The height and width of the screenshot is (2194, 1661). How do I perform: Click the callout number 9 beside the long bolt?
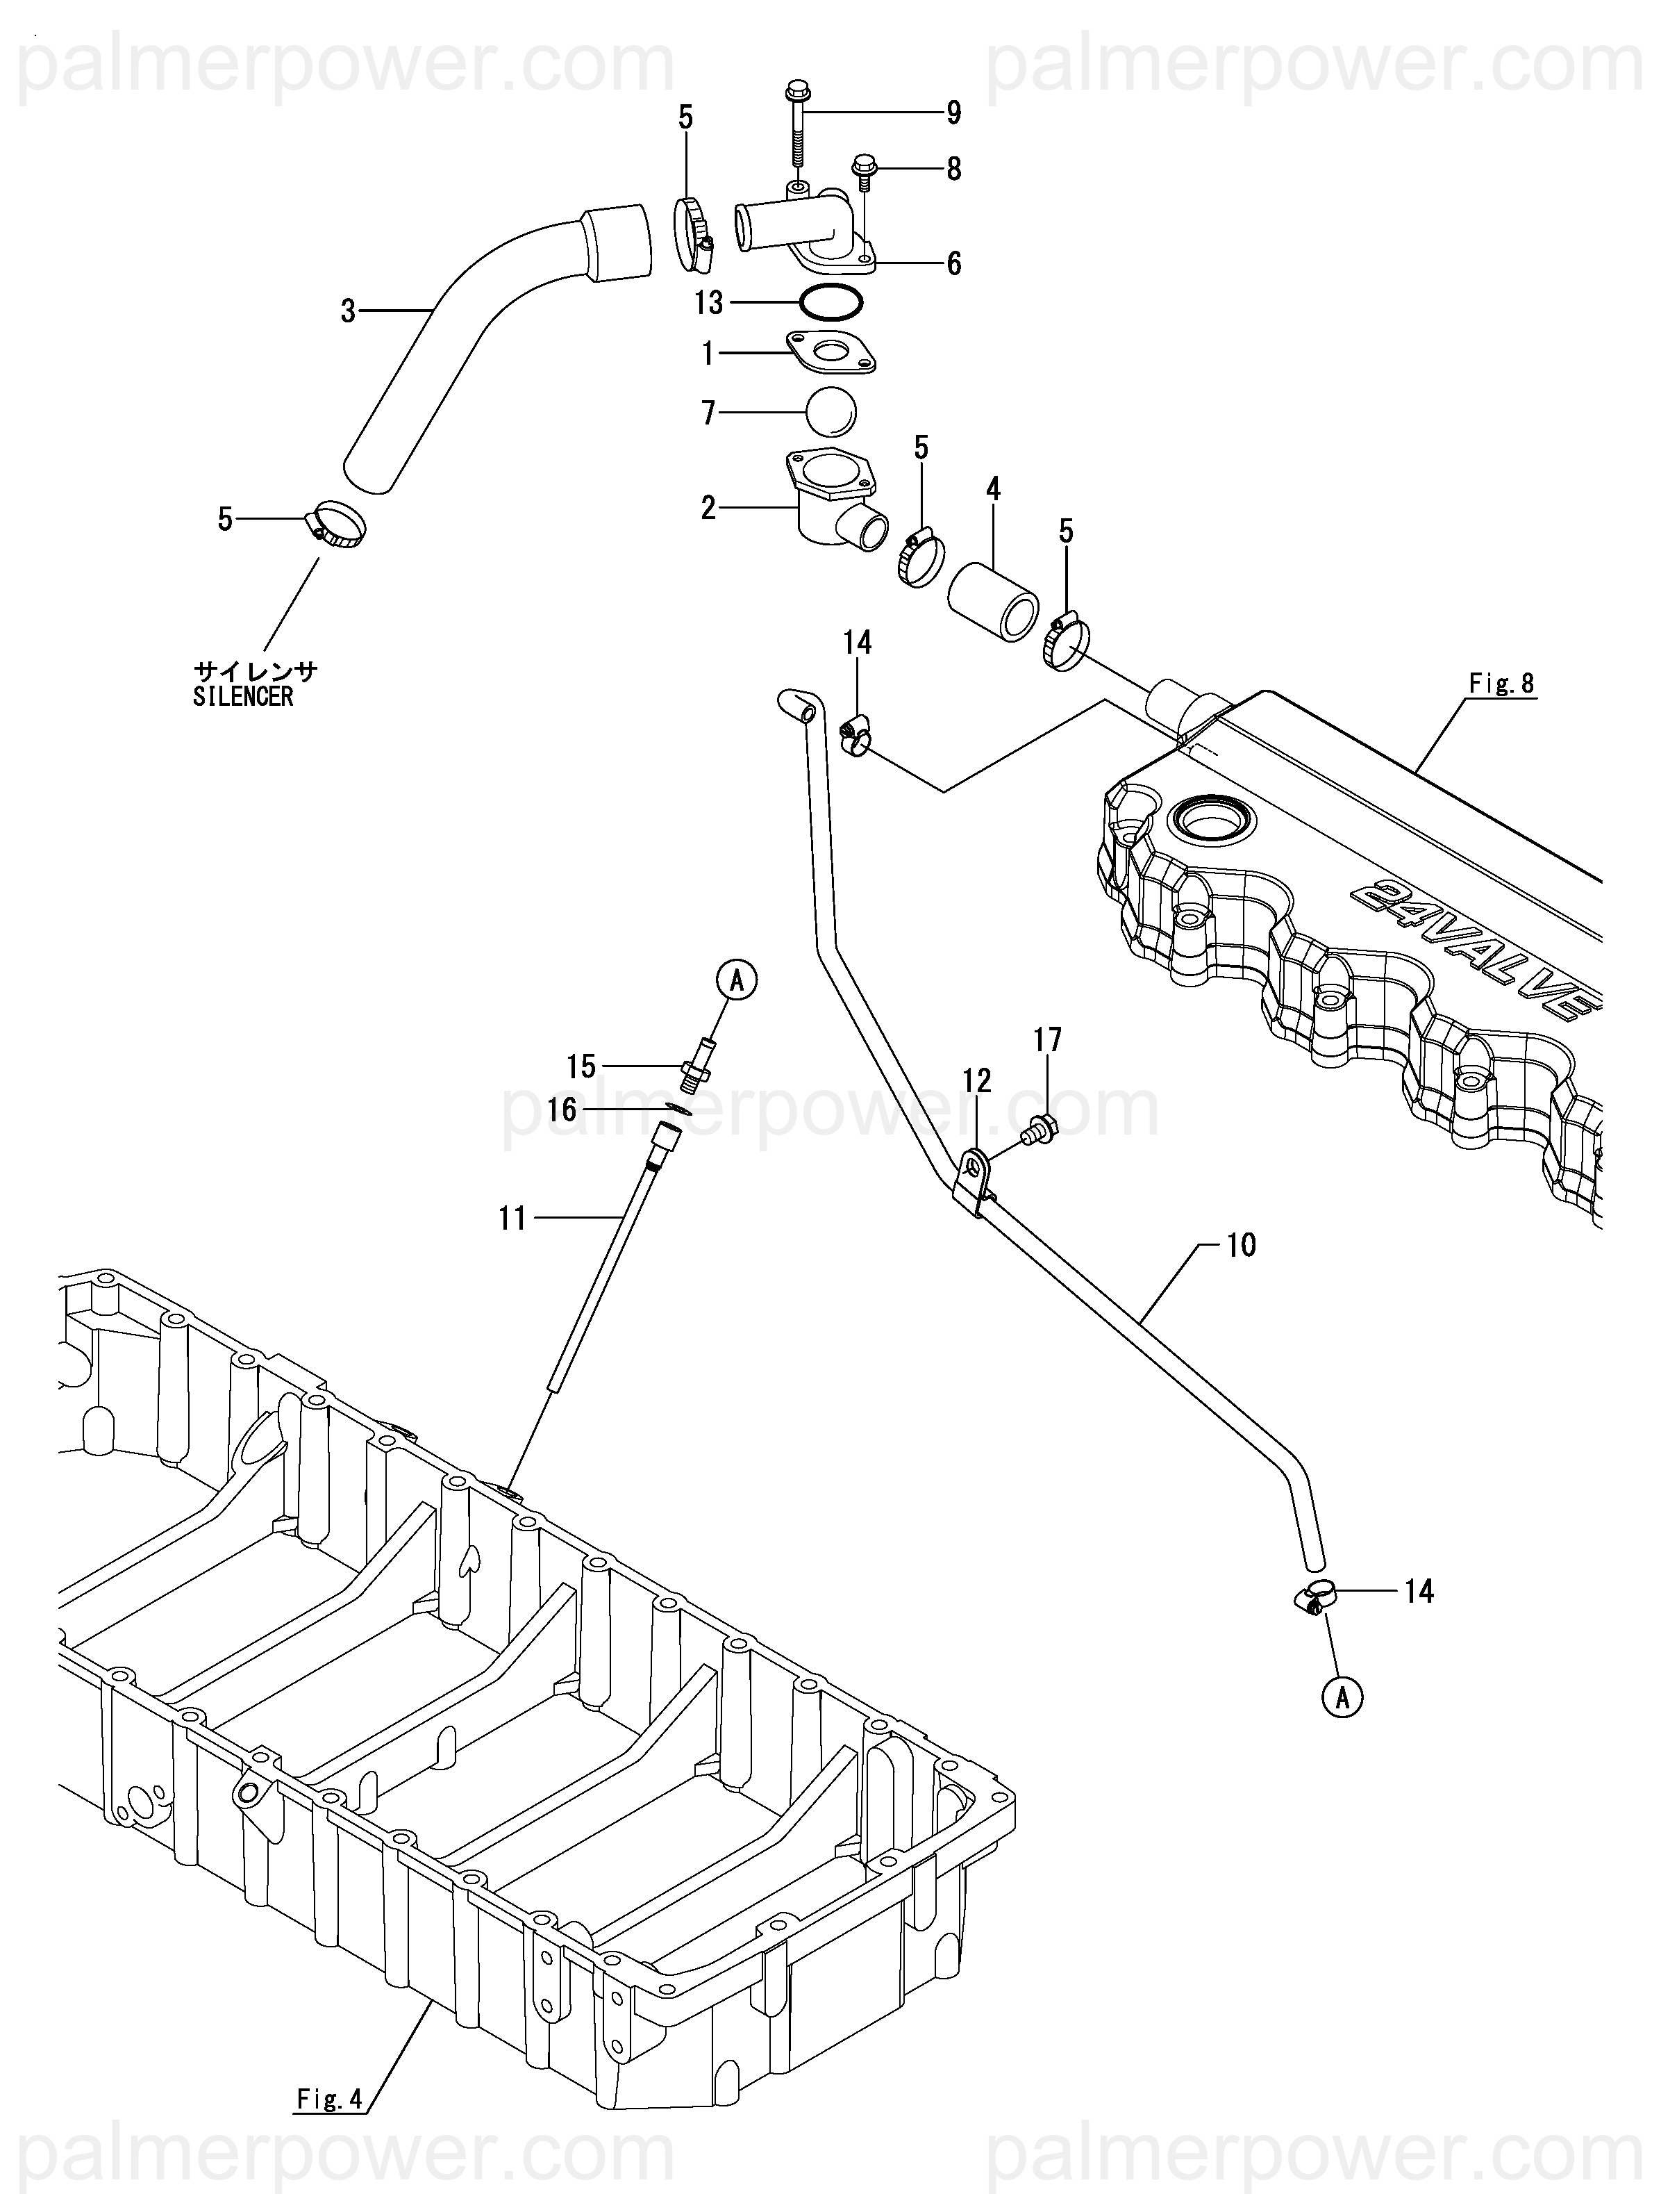pyautogui.click(x=953, y=113)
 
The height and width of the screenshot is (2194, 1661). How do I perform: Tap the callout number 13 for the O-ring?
pyautogui.click(x=709, y=302)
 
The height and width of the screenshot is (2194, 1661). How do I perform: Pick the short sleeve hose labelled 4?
pyautogui.click(x=992, y=600)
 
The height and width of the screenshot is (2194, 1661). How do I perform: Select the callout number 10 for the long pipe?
pyautogui.click(x=1242, y=1245)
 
